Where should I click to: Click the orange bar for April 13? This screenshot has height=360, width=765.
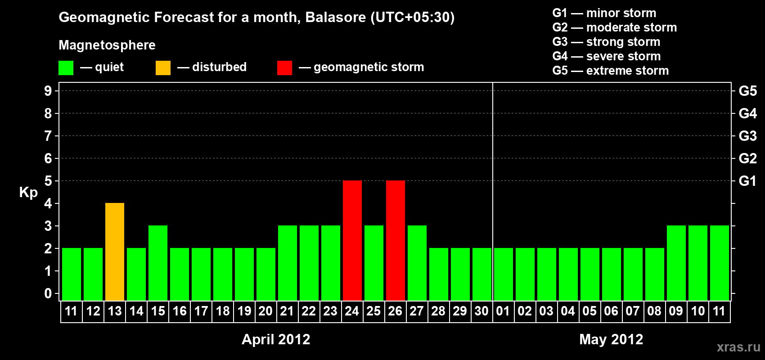[115, 252]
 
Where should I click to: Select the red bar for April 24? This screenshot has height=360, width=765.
[352, 240]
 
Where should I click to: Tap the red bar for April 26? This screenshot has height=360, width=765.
[396, 240]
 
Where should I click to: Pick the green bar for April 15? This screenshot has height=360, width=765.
[158, 263]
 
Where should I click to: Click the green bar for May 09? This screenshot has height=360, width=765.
[676, 263]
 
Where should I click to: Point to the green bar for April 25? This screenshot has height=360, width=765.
[374, 263]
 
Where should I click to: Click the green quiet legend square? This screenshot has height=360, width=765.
[66, 68]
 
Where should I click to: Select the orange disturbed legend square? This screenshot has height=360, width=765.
[163, 68]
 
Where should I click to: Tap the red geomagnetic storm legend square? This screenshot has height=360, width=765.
[284, 68]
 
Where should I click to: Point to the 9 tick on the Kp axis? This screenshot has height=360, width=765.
[48, 91]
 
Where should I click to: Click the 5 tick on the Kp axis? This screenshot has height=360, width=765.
[48, 181]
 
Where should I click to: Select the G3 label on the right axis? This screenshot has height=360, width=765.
[747, 136]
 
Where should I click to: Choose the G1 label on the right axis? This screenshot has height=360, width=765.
[747, 181]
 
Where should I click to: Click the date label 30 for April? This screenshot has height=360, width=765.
[481, 311]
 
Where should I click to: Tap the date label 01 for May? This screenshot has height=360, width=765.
[503, 311]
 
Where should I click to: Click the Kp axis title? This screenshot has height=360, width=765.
[28, 193]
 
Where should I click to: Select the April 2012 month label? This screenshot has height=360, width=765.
[276, 339]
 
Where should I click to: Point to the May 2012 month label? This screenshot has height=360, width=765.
[611, 339]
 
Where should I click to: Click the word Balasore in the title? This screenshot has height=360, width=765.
[336, 17]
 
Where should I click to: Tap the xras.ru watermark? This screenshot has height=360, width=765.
[738, 347]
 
